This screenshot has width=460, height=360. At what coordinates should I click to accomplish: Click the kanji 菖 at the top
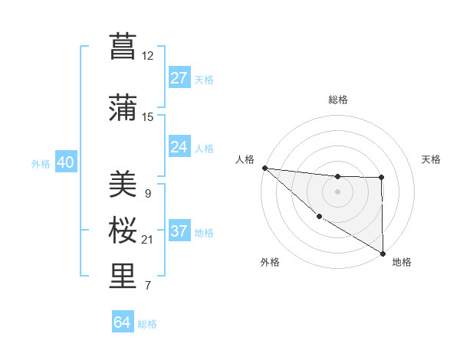(123, 47)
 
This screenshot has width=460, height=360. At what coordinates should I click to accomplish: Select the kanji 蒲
(123, 108)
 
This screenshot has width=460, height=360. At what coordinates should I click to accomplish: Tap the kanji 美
(123, 185)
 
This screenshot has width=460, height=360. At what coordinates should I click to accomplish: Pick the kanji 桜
(123, 231)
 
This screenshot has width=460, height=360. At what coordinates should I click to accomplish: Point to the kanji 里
(123, 277)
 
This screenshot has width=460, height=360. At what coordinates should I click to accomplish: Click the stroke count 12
(148, 55)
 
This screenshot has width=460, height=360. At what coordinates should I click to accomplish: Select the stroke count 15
(148, 116)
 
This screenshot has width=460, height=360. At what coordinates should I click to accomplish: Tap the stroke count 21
(148, 240)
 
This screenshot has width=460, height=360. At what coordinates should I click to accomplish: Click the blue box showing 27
(179, 78)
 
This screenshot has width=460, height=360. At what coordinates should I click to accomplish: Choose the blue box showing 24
(179, 146)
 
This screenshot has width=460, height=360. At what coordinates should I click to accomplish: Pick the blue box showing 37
(179, 231)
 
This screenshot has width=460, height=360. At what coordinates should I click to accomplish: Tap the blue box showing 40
(65, 162)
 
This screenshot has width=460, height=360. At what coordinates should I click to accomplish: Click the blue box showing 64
(122, 322)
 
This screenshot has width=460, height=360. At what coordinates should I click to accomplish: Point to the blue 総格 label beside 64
(147, 324)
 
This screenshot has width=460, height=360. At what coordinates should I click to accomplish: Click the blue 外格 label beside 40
(41, 163)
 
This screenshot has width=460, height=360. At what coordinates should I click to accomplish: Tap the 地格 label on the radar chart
(402, 262)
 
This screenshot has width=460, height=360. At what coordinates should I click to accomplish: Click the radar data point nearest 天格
(382, 178)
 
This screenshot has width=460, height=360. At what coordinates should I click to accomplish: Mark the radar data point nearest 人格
(264, 168)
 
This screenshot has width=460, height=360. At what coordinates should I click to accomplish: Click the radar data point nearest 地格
(383, 253)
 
